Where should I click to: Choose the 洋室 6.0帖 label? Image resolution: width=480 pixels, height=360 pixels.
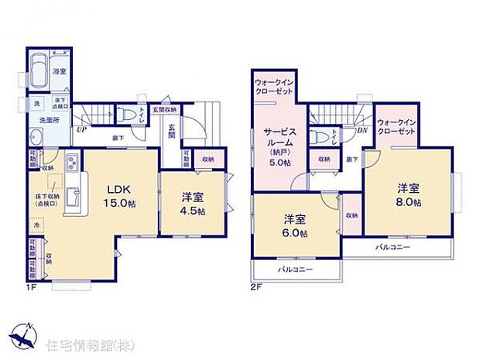tap(294, 226)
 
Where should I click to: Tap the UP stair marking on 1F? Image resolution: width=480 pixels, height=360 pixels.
tap(81, 129)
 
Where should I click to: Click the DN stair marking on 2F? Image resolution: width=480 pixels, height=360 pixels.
tap(362, 131)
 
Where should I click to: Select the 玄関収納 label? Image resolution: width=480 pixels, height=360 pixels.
tap(163, 109)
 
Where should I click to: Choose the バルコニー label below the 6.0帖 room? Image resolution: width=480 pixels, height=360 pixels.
tap(294, 269)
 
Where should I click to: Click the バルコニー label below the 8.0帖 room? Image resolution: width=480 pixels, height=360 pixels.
tap(394, 248)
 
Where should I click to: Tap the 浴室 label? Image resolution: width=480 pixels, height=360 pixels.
tap(60, 72)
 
